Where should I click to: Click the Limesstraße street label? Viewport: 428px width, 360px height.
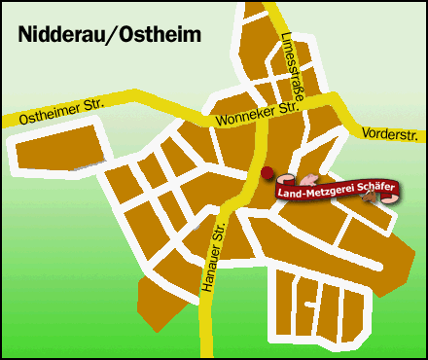coord(289,63)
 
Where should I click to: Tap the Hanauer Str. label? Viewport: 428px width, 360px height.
coord(218,255)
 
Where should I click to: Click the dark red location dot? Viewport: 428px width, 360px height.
coord(267,171)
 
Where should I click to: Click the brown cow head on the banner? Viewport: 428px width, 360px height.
coord(370,198)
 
